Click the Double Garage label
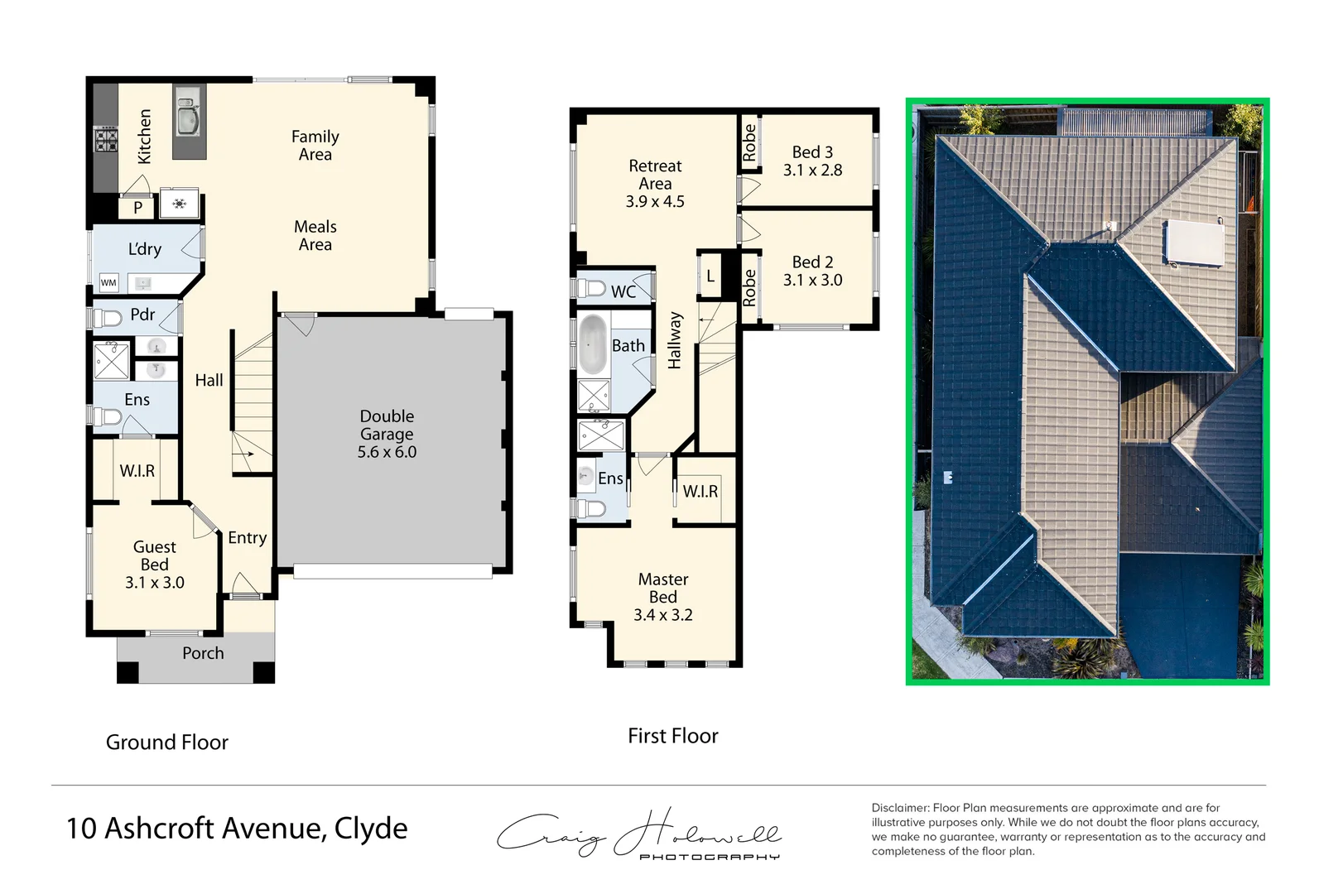point(387,434)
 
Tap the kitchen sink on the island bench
point(188,116)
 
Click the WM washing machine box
point(108,283)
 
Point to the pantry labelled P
point(137,208)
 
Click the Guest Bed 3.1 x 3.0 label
point(155,565)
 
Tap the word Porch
point(203,653)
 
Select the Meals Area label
point(315,236)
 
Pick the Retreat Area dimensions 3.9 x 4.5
point(655,201)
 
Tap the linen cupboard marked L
point(710,276)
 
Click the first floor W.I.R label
point(700,492)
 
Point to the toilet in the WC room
point(590,289)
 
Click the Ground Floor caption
point(167,743)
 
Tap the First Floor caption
point(673,736)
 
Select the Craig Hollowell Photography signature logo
point(638,834)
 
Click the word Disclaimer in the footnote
point(899,808)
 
